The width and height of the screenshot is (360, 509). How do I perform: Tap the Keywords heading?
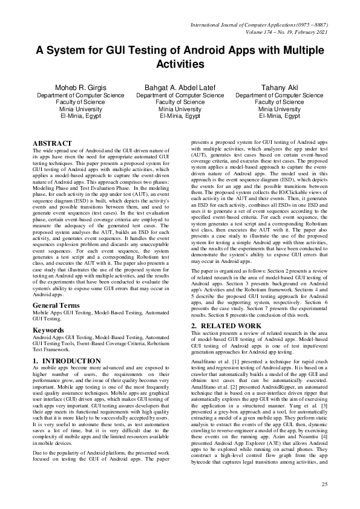pos(48,314)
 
